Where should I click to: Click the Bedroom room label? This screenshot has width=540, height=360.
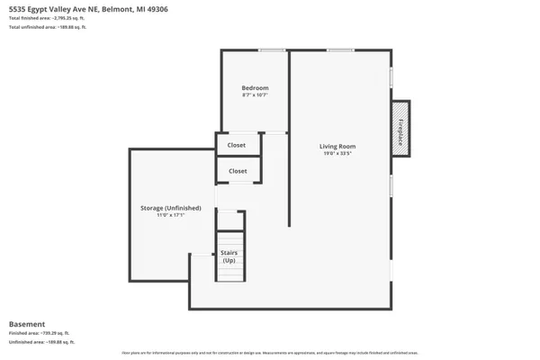(255, 87)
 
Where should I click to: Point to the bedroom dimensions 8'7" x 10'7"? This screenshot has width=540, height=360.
(255, 94)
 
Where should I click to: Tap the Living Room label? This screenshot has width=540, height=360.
(338, 146)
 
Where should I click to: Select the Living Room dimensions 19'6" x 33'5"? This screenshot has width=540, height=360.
(338, 153)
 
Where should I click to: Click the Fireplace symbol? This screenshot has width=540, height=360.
(400, 128)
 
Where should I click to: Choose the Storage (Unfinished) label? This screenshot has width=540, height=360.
(171, 208)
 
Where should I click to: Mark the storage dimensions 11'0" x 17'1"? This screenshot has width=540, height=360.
(171, 215)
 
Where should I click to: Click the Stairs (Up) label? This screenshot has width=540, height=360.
(229, 256)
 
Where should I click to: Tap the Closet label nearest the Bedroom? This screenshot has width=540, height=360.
(238, 144)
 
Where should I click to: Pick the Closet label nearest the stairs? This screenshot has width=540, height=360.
(238, 170)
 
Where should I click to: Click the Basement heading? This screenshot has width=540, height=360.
(26, 324)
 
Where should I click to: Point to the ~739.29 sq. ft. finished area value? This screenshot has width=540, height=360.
(58, 333)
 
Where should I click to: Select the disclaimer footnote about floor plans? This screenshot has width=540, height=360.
(270, 352)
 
